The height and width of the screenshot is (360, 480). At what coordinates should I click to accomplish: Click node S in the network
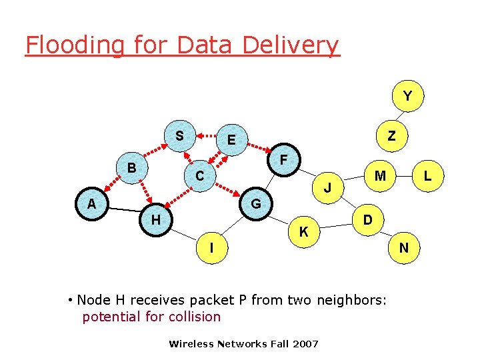pos(179,136)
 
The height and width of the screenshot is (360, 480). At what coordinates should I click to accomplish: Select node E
pos(231,140)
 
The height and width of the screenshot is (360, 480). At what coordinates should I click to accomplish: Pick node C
pos(199,177)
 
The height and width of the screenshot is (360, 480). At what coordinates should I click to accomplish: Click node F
pos(284,160)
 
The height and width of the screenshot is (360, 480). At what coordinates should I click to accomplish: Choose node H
pos(155,219)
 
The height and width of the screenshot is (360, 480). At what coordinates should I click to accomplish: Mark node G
pos(255,203)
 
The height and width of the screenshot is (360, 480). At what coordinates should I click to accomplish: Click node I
pos(211,248)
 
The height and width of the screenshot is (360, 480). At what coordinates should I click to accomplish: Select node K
pos(303,232)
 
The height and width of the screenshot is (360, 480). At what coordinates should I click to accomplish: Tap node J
pos(327,188)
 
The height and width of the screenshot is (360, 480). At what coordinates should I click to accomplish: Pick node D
pos(367,219)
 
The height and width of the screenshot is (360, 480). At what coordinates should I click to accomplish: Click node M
pos(380,176)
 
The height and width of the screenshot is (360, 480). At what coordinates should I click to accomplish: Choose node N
pos(404,248)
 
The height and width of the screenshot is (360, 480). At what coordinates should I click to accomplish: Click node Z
pos(392,136)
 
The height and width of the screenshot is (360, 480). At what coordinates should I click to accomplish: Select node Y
pos(407,97)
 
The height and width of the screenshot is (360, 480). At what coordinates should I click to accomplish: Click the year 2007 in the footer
pos(305,344)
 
